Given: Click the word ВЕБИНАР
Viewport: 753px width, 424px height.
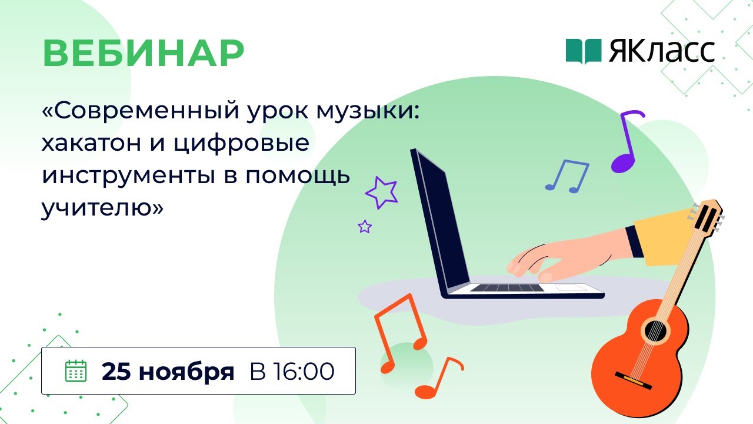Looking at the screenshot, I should (143, 54).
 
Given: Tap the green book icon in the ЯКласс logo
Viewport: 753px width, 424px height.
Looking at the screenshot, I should (584, 51).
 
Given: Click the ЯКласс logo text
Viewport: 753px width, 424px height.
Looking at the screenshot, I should (662, 52).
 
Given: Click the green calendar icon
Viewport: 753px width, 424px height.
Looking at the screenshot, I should (75, 371).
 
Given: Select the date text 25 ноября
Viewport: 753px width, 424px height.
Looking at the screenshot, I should (168, 372).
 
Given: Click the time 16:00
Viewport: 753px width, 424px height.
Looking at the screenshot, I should (305, 372).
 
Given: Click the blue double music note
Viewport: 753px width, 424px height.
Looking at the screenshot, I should (567, 175).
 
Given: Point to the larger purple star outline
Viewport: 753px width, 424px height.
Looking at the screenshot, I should (381, 193).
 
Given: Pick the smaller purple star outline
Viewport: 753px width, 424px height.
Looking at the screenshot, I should (365, 226).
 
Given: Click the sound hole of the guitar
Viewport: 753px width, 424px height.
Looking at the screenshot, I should (655, 331).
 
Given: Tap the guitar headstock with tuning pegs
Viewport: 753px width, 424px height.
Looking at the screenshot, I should (709, 215).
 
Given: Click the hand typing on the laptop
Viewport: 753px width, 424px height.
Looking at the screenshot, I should (547, 259).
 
